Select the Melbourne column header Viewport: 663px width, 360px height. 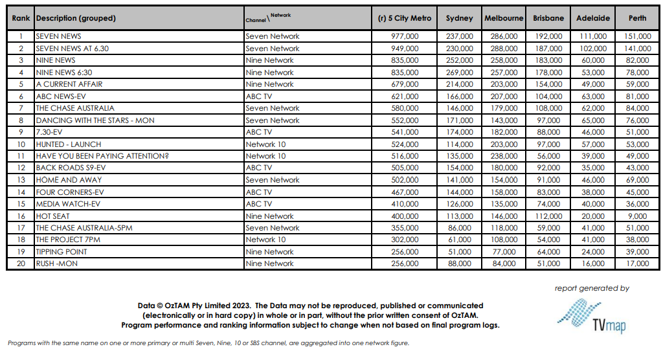tap(504, 18)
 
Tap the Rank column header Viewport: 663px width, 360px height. tap(21, 18)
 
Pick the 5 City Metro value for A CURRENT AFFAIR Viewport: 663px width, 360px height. tap(405, 84)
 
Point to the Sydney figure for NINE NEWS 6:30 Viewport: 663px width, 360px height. tap(459, 73)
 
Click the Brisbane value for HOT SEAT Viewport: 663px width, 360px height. tap(548, 216)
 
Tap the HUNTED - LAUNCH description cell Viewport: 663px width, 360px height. tap(69, 144)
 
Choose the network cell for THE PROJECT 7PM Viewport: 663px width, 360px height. tap(265, 240)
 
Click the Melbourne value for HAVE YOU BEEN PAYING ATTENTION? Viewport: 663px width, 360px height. tap(504, 156)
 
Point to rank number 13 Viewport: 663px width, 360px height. tap(21, 180)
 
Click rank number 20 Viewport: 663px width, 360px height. tap(21, 264)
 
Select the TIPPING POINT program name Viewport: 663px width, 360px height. tap(62, 252)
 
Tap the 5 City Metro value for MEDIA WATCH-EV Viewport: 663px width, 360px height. tap(405, 204)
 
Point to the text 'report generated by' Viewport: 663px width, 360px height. tap(592, 289)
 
